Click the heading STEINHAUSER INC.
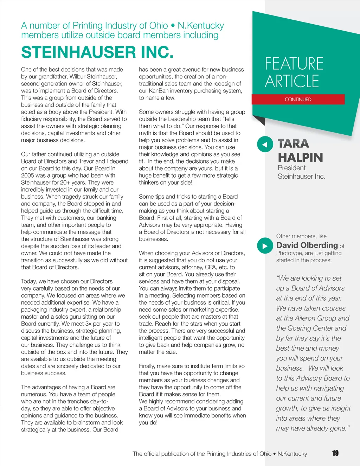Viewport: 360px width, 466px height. coord(97,52)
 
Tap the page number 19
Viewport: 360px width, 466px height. coord(335,453)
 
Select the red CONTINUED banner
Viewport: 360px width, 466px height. coord(298,100)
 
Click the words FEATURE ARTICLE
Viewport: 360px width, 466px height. coord(294,72)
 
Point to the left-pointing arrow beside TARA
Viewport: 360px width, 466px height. coord(265,144)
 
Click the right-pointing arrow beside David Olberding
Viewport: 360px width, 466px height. coord(265,246)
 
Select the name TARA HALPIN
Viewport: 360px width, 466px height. coord(300,151)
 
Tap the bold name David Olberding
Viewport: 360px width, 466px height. coord(307,245)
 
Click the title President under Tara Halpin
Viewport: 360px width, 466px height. coord(291,168)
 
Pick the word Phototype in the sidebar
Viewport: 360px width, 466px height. coord(289,253)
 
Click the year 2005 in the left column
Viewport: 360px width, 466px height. coord(28,175)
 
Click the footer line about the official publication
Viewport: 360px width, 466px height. coord(220,454)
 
